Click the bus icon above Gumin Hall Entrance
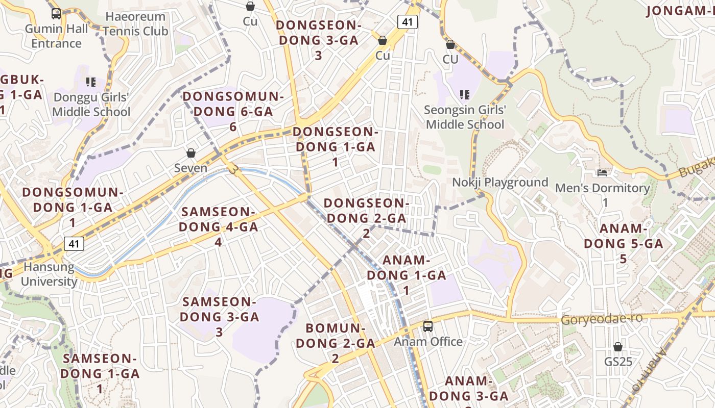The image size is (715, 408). [56, 14]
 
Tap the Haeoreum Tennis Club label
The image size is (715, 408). [135, 24]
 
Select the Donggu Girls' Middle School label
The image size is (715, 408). [91, 105]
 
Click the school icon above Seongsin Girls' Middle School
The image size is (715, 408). [465, 94]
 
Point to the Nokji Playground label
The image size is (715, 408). [500, 182]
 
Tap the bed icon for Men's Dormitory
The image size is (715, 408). [602, 173]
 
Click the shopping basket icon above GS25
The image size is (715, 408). [618, 347]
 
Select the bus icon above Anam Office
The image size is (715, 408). [428, 326]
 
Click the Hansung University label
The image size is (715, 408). [49, 274]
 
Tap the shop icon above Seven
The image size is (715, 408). [191, 153]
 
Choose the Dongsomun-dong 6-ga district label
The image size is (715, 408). [233, 111]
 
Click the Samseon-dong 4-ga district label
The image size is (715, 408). [219, 226]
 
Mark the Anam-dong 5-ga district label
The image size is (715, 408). [623, 243]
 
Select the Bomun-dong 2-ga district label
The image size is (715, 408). [336, 343]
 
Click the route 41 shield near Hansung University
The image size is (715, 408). [74, 244]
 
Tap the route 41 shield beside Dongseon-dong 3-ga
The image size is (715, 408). [408, 21]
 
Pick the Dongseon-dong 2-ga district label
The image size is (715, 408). [366, 218]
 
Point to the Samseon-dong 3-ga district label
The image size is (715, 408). [219, 316]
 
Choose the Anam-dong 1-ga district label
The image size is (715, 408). [407, 275]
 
